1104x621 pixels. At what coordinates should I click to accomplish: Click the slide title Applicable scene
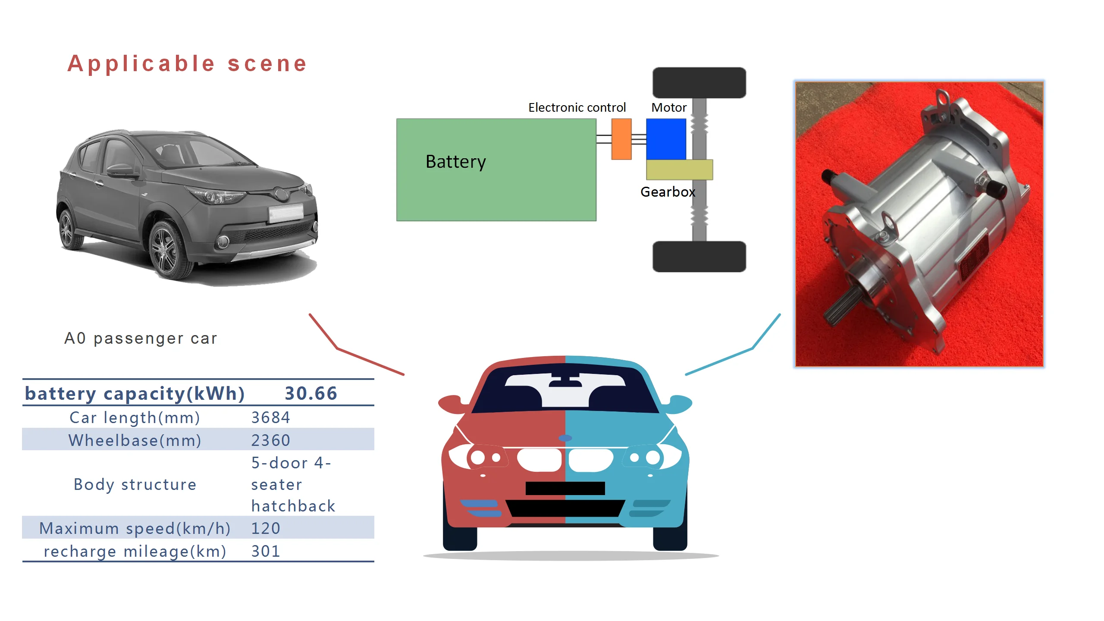[187, 64]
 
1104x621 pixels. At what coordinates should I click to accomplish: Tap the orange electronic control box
[621, 139]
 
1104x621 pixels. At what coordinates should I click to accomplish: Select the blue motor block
[666, 139]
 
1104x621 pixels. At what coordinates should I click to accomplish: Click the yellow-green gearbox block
[679, 169]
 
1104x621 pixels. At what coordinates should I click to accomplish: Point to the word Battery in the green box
[455, 162]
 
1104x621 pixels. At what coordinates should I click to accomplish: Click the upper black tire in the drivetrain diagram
[699, 82]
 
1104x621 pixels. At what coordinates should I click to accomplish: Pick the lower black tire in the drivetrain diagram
[699, 257]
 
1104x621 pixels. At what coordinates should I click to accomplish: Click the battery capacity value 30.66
[310, 393]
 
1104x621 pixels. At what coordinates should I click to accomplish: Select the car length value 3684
[270, 417]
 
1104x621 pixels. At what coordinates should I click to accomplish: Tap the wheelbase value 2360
[270, 440]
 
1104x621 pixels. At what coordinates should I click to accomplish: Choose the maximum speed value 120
[266, 528]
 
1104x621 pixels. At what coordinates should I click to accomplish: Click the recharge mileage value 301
[266, 551]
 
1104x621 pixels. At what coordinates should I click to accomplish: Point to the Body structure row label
[135, 484]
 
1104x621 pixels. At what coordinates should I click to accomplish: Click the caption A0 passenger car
[141, 339]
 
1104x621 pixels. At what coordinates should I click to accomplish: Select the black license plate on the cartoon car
[565, 488]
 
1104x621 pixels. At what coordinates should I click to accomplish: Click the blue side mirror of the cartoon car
[678, 403]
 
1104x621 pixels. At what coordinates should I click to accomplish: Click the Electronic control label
[577, 107]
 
